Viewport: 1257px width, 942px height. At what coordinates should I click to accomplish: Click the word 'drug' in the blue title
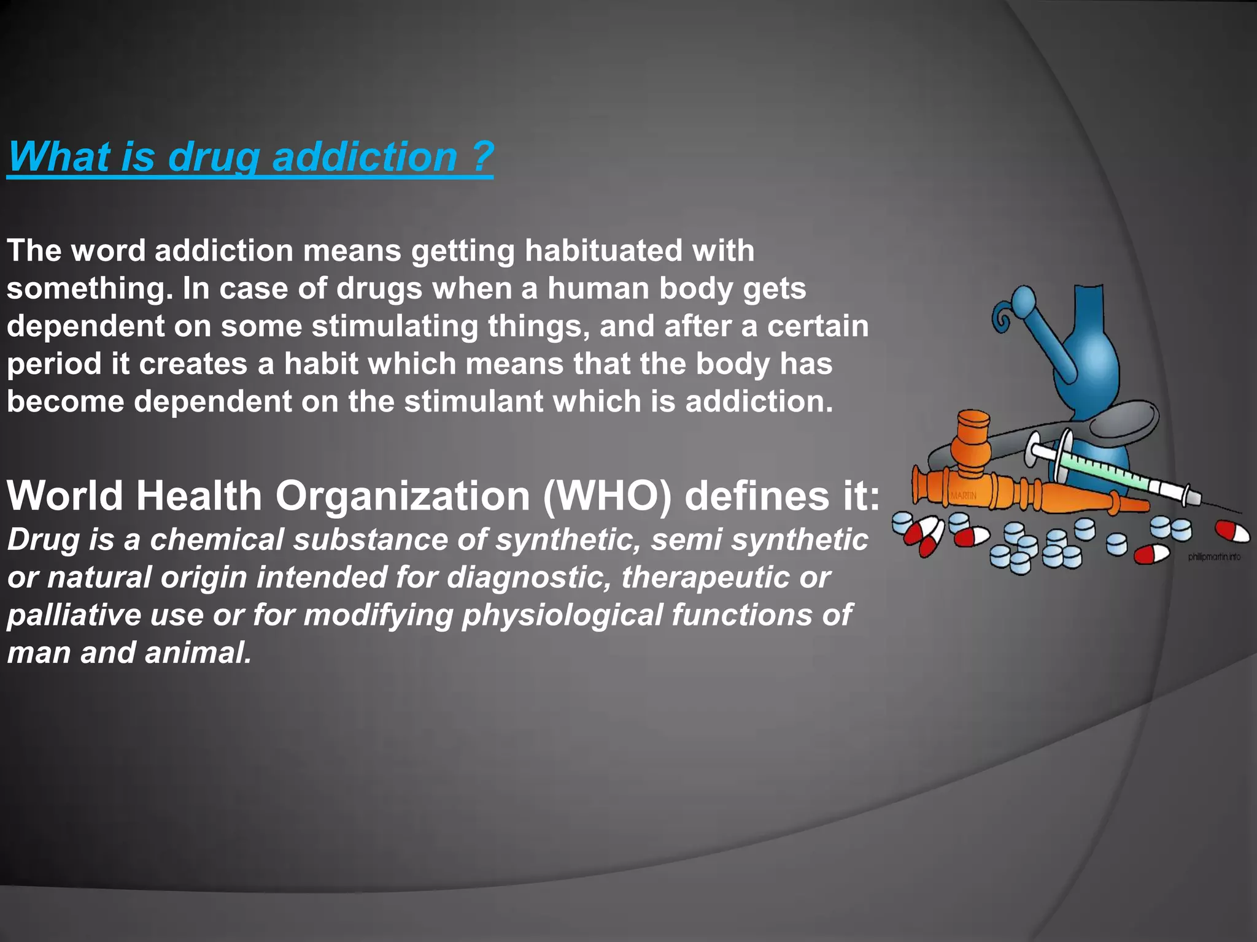click(x=214, y=157)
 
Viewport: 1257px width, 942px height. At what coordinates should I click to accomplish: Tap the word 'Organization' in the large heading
click(x=402, y=496)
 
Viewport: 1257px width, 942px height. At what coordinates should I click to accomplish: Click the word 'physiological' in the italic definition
click(x=562, y=615)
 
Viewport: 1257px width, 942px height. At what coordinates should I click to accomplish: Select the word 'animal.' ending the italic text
click(x=198, y=653)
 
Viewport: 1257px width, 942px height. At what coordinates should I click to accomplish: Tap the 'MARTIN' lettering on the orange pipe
click(x=964, y=495)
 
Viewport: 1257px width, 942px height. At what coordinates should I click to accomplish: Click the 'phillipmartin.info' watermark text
click(x=1213, y=557)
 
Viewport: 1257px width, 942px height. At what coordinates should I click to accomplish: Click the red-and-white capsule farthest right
click(x=1232, y=532)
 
